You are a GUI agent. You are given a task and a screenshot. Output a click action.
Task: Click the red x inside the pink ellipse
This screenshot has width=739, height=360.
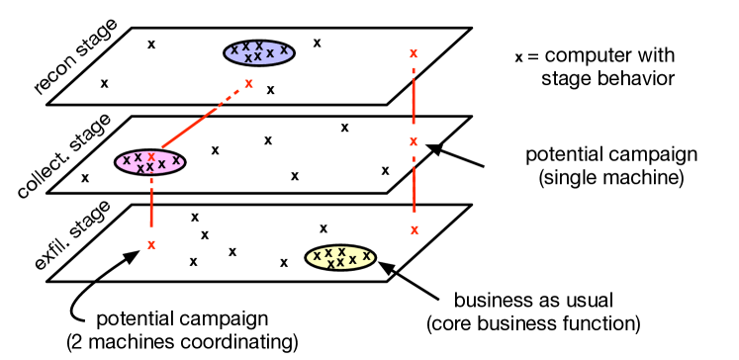151,157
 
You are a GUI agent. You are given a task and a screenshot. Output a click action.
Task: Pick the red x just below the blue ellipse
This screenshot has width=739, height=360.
248,84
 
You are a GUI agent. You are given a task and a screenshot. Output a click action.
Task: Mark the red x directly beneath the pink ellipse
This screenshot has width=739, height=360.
151,245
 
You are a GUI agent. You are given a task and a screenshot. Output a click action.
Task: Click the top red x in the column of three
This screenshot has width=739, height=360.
414,54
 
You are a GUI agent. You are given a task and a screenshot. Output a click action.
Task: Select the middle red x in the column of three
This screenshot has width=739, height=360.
414,142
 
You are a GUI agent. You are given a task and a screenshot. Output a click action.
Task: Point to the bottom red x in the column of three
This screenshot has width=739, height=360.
415,230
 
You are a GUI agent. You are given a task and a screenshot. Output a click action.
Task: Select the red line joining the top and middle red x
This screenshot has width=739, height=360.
414,99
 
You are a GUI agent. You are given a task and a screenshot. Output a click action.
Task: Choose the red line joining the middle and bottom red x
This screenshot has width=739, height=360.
414,186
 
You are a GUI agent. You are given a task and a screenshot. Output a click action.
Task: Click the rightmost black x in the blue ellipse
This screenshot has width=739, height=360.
284,50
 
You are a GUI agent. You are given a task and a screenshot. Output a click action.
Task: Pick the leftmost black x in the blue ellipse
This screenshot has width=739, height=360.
234,50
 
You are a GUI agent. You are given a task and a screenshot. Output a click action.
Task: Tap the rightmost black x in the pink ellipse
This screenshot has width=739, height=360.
176,160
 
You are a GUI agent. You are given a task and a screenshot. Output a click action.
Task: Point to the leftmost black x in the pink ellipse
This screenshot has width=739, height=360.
127,160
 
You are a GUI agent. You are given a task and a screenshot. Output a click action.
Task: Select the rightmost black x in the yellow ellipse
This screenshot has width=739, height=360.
366,256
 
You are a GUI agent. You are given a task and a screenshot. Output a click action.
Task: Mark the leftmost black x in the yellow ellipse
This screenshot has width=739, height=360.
317,256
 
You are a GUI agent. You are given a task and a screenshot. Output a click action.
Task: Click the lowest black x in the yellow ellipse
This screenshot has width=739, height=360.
330,265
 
